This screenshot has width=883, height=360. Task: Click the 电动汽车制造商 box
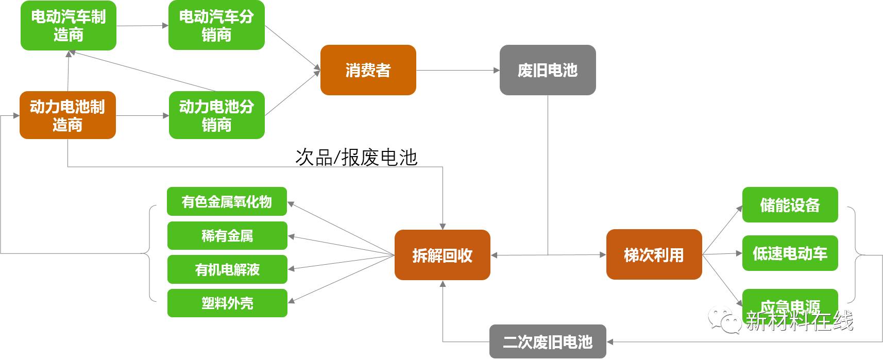pos(68,26)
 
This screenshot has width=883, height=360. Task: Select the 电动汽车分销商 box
pos(216,26)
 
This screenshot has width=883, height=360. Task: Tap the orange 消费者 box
pos(368,70)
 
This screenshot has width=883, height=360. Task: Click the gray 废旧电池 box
pos(547,70)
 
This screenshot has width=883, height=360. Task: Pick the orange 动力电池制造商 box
pos(67,115)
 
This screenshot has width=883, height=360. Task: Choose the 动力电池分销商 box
pos(216,115)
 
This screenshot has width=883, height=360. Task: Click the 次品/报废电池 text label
pos(356,158)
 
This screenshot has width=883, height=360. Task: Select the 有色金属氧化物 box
pos(227,201)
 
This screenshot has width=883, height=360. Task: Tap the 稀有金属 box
pos(227,236)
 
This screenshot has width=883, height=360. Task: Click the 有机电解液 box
pos(227,269)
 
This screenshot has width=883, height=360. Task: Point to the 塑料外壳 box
pos(227,303)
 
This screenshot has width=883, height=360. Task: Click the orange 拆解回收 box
pos(442,255)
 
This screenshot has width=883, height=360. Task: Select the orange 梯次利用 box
pos(654,254)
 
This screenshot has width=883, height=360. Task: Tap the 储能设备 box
pos(790,205)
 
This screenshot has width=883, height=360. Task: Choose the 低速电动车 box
pos(790,253)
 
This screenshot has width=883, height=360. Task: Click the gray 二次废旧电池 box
pos(547,341)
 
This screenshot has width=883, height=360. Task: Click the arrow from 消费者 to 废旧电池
pos(457,70)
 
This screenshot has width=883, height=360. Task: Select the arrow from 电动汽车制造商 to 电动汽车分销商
pos(142,25)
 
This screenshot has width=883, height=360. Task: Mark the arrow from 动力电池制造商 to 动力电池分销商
pos(142,116)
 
